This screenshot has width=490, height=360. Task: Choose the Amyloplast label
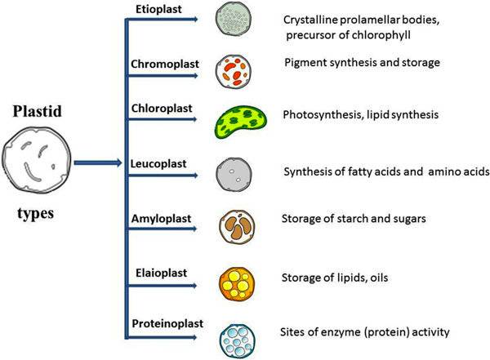tap(162, 218)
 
